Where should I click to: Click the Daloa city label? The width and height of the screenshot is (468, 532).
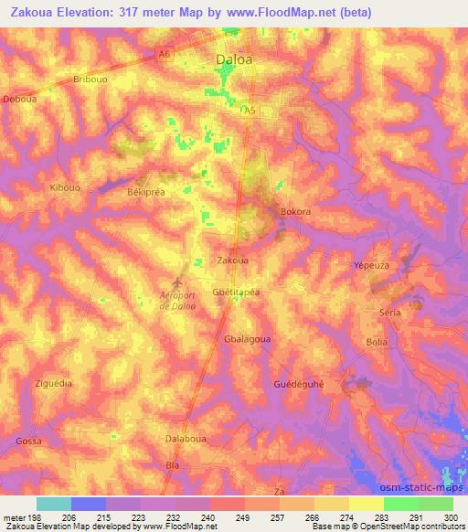click(233, 62)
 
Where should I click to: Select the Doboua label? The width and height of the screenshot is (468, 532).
click(19, 98)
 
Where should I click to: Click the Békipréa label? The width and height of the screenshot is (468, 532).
click(145, 194)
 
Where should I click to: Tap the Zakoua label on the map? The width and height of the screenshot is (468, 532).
click(232, 260)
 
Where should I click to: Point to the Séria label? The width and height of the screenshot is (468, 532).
click(390, 312)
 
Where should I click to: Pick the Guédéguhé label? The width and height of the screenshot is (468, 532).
click(299, 383)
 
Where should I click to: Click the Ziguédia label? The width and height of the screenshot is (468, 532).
click(52, 383)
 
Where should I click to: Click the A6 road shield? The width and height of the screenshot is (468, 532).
click(164, 54)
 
